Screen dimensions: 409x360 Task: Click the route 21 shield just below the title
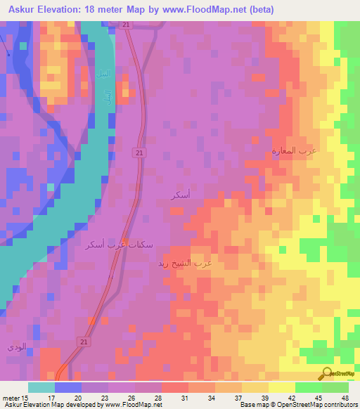(125, 25)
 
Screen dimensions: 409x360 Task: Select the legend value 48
(344, 398)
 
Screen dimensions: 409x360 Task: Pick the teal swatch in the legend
(41, 387)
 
